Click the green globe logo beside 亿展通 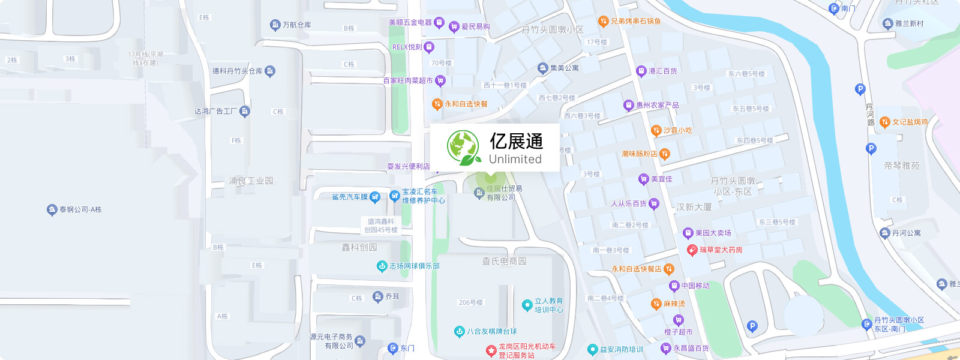pyautogui.click(x=464, y=148)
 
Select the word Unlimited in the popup pyautogui.click(x=515, y=159)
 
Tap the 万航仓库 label pyautogui.click(x=296, y=25)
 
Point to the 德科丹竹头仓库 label pyautogui.click(x=238, y=71)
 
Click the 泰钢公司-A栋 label pyautogui.click(x=80, y=209)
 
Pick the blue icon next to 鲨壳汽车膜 pyautogui.click(x=375, y=197)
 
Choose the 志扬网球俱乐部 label pyautogui.click(x=414, y=266)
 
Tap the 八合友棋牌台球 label pyautogui.click(x=491, y=331)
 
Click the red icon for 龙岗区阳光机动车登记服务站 pyautogui.click(x=491, y=350)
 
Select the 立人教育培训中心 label pyautogui.click(x=548, y=305)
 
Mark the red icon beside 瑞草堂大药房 pyautogui.click(x=692, y=250)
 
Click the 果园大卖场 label pyautogui.click(x=713, y=233)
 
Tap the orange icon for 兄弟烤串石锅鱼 pyautogui.click(x=604, y=22)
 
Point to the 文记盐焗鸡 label pyautogui.click(x=910, y=122)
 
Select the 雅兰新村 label pyautogui.click(x=909, y=23)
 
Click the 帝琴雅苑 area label pyautogui.click(x=901, y=166)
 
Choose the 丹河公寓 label pyautogui.click(x=906, y=233)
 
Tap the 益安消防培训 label pyautogui.click(x=621, y=349)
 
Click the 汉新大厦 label pyautogui.click(x=694, y=207)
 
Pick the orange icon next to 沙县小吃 pyautogui.click(x=656, y=130)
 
